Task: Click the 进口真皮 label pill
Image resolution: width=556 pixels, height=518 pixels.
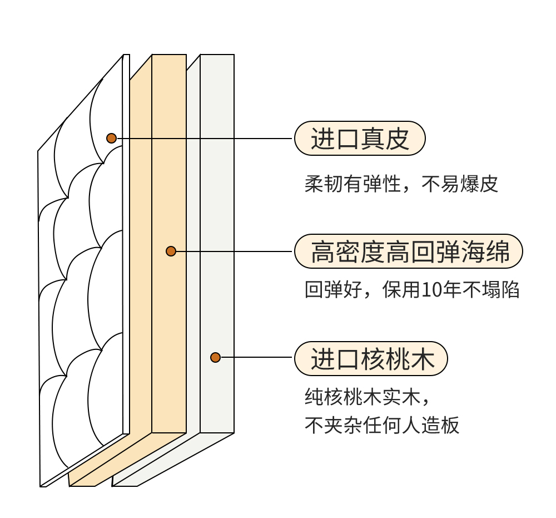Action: (x=359, y=138)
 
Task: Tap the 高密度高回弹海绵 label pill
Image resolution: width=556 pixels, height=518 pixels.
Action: (x=409, y=251)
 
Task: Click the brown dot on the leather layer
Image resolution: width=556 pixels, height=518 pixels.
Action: (x=111, y=138)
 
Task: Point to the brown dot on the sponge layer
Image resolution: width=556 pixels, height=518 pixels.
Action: (x=171, y=251)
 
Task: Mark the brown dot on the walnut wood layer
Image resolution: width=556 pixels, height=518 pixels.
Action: (x=215, y=357)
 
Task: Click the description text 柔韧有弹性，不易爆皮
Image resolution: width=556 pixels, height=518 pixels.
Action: (x=401, y=184)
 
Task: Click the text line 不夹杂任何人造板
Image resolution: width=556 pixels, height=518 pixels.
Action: (x=382, y=426)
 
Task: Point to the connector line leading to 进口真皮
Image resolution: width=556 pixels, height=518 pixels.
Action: (x=206, y=138)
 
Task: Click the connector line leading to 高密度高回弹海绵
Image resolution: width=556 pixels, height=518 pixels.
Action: (x=234, y=251)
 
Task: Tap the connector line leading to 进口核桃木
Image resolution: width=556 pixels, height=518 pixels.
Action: (x=256, y=357)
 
